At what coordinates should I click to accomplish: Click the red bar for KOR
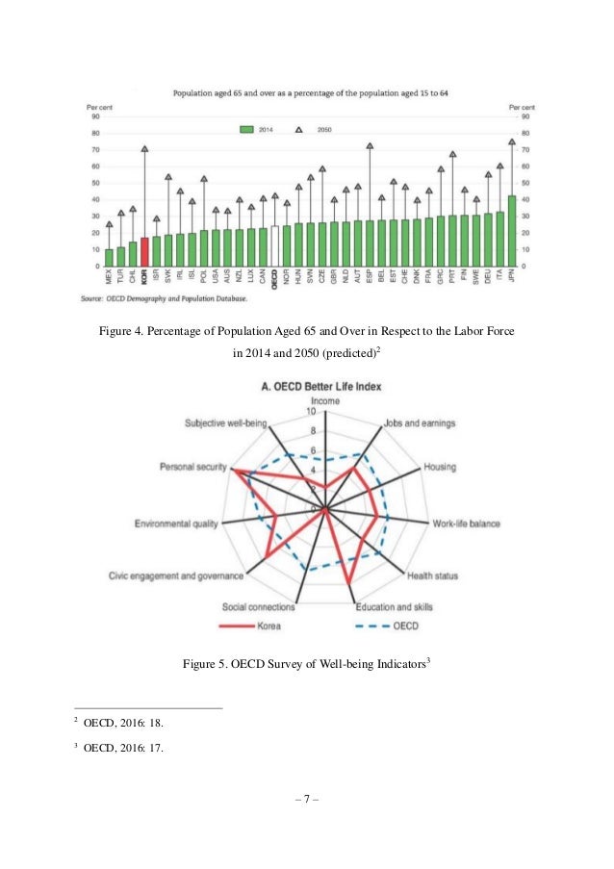pos(144,251)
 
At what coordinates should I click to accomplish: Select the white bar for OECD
pos(275,245)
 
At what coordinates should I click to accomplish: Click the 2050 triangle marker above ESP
pos(370,146)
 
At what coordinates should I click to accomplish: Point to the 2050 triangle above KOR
pos(144,149)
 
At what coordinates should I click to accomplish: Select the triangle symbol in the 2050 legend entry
pos(299,128)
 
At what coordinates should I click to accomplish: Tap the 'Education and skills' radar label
pos(394,607)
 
